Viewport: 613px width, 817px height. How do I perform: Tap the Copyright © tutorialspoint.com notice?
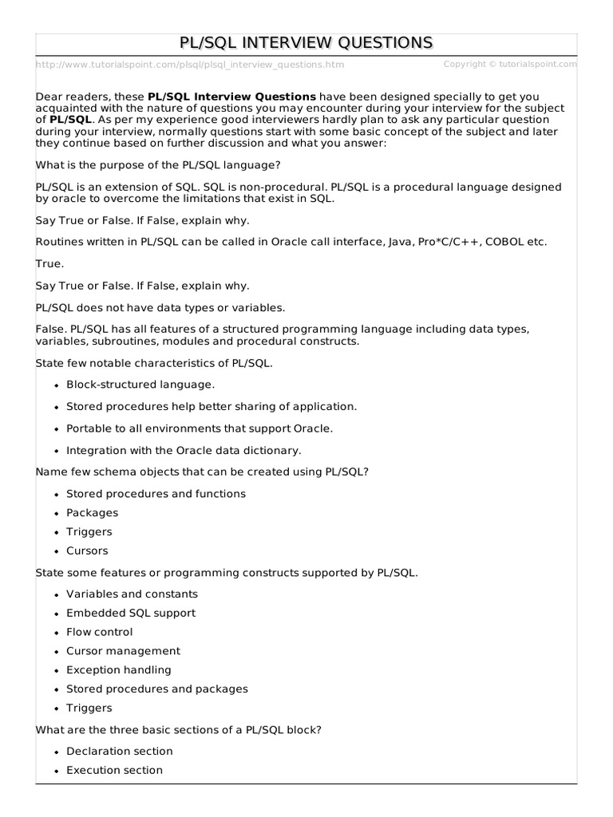[x=509, y=64]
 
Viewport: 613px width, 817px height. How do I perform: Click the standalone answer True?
[x=50, y=262]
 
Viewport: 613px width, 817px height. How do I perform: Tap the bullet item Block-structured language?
[x=140, y=384]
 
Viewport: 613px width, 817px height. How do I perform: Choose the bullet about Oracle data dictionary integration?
[x=184, y=450]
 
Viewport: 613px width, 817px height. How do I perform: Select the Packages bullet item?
[x=92, y=512]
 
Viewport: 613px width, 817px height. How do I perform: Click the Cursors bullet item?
[x=87, y=551]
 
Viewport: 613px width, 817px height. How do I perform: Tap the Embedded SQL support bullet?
[x=131, y=613]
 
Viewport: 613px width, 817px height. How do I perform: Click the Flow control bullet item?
[x=100, y=632]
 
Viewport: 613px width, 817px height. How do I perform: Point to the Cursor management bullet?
[x=123, y=651]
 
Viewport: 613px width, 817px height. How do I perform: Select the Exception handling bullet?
[x=119, y=670]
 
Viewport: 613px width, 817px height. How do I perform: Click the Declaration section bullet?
[x=120, y=751]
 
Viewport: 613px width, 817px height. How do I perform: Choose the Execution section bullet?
[x=114, y=770]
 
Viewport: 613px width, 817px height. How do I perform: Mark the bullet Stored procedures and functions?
[x=156, y=493]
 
